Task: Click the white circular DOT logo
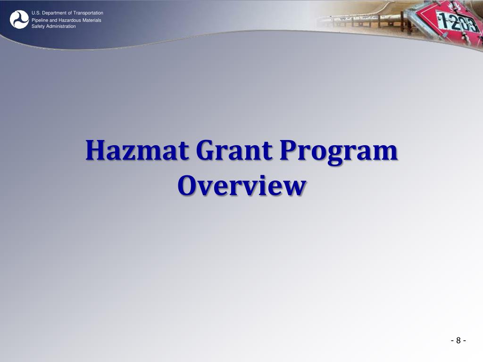[19, 19]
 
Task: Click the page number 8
[458, 341]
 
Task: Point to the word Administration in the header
[60, 26]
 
